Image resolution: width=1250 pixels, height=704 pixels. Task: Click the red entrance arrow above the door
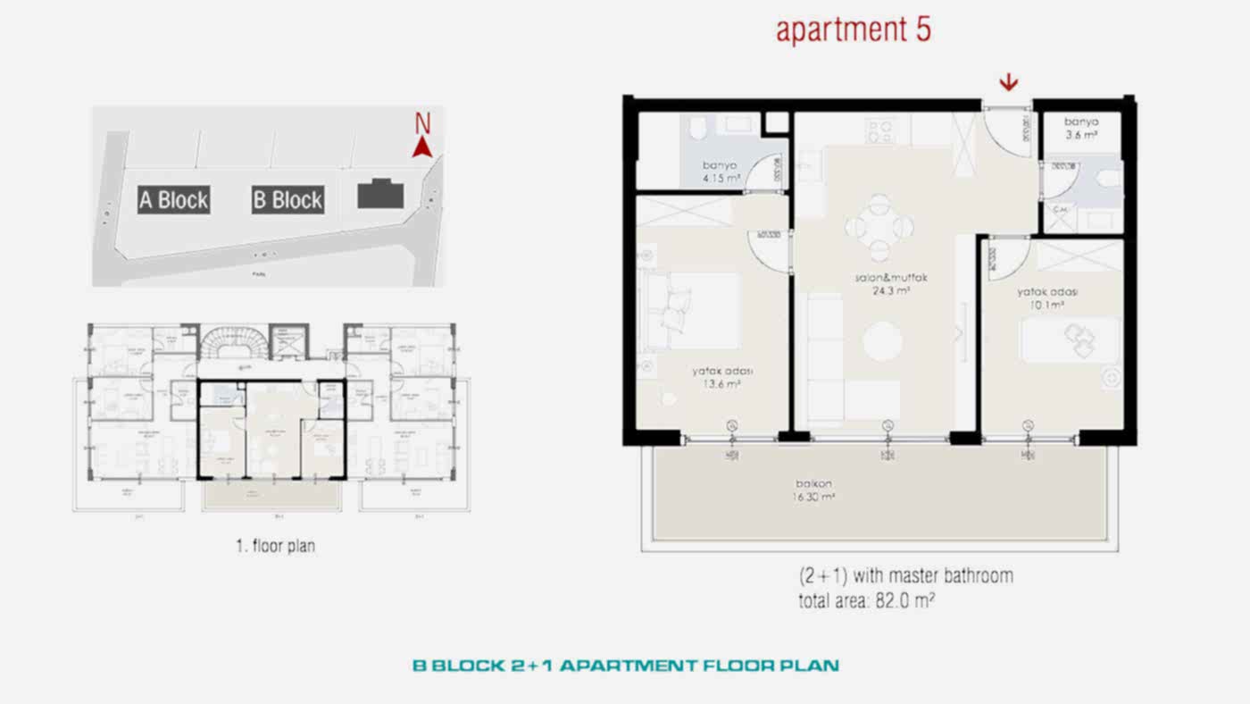pos(1008,83)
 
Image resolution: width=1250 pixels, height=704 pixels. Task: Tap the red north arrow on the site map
pos(423,144)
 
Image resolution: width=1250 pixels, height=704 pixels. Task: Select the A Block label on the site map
pos(174,199)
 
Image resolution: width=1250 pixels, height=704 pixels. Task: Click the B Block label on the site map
pos(287,199)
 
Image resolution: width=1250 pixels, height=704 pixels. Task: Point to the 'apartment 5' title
pos(853,29)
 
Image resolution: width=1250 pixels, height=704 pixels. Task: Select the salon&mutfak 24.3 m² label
pos(890,284)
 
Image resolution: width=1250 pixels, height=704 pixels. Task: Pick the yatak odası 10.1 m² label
pos(1047,298)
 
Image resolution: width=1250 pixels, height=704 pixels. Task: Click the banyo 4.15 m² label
pos(722,172)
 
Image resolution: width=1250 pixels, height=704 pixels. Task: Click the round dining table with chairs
pos(879,227)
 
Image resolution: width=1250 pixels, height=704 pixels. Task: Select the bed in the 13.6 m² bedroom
pos(691,310)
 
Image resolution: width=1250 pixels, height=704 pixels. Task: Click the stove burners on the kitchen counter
pos(879,131)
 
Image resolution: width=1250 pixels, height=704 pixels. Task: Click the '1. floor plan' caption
pos(275,546)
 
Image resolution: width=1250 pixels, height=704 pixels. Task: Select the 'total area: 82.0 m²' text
pos(866,601)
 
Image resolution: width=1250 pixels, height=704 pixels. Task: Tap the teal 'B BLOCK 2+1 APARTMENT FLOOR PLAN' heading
pos(625,666)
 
